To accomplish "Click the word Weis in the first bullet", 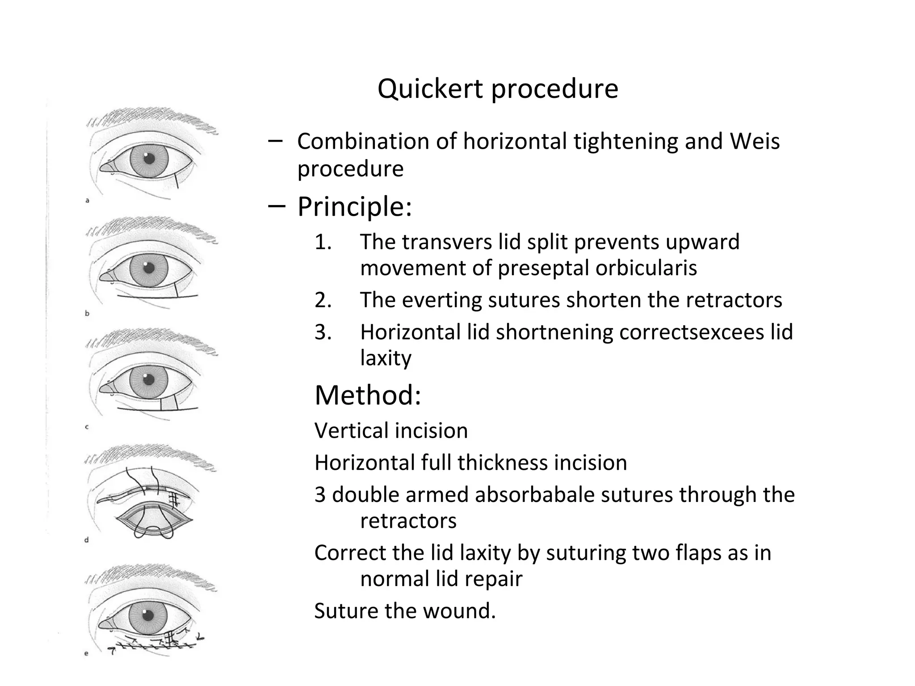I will pyautogui.click(x=755, y=142).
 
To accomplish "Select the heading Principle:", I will pyautogui.click(x=354, y=207).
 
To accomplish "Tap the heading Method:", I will pyautogui.click(x=368, y=395).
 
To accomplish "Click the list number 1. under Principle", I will pyautogui.click(x=323, y=243).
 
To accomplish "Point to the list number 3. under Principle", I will pyautogui.click(x=323, y=333).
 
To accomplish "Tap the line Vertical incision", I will pyautogui.click(x=391, y=431).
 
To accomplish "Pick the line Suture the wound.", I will pyautogui.click(x=405, y=611).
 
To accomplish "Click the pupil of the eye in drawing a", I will pyautogui.click(x=149, y=158).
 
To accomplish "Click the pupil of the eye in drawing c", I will pyautogui.click(x=149, y=380).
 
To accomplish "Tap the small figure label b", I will pyautogui.click(x=87, y=314).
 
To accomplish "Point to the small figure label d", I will pyautogui.click(x=87, y=540).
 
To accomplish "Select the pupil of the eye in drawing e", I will pyautogui.click(x=149, y=616).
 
